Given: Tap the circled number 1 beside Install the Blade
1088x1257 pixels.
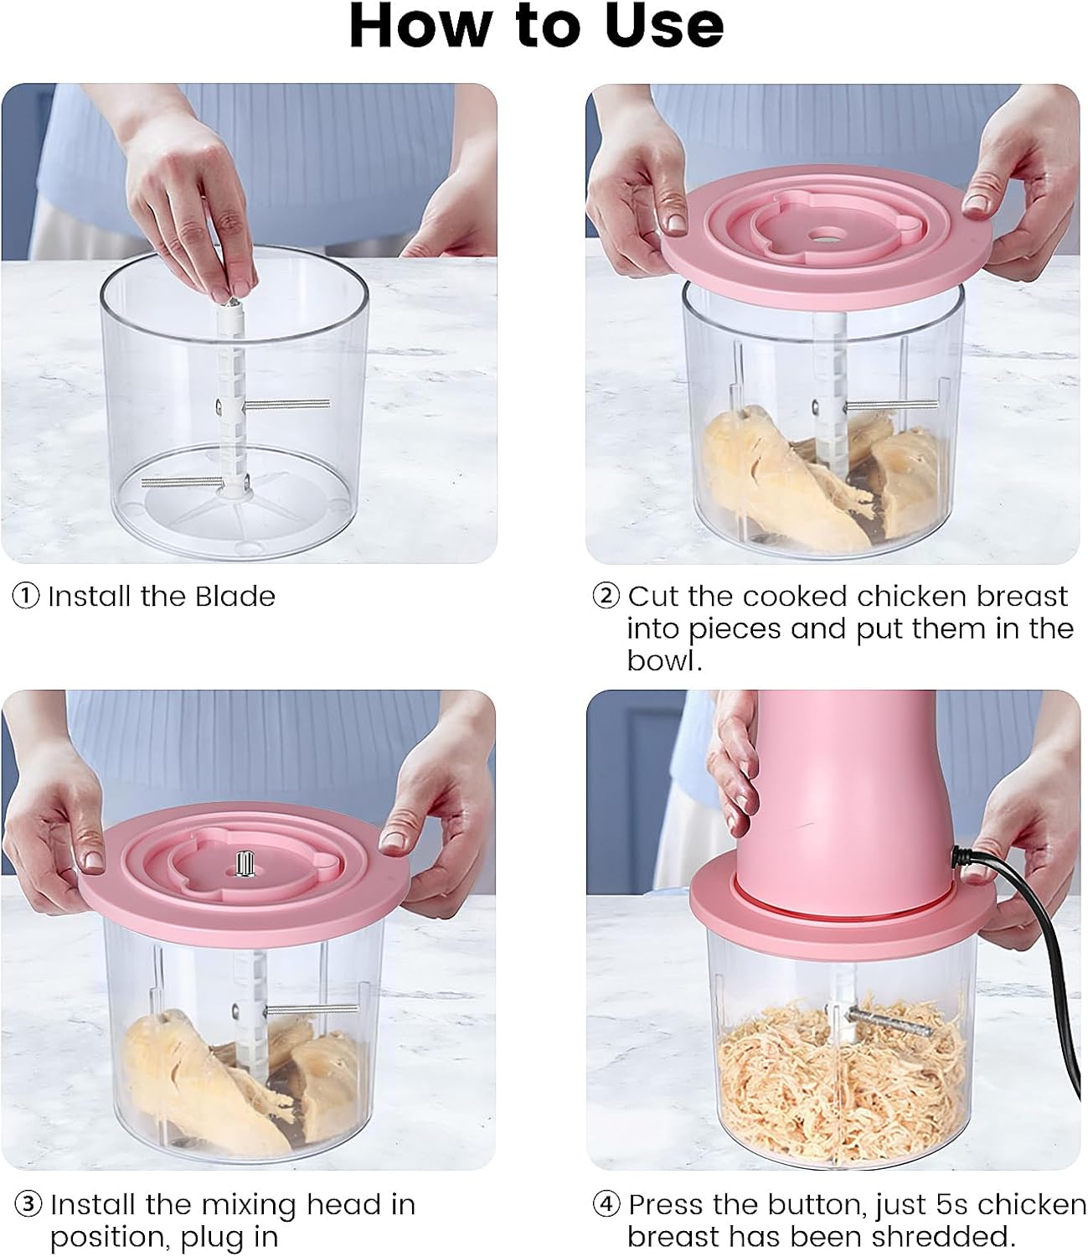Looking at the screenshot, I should (x=26, y=597).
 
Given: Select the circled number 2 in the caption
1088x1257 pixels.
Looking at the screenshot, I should (x=606, y=597).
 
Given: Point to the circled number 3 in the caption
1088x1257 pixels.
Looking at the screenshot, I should (x=28, y=1205).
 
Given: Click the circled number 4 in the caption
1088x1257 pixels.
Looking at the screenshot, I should (x=606, y=1205).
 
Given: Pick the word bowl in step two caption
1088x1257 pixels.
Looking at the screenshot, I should (x=662, y=661).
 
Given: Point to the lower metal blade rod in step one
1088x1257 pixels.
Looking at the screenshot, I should (x=181, y=481).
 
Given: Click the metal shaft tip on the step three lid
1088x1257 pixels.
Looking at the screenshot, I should (x=246, y=862).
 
